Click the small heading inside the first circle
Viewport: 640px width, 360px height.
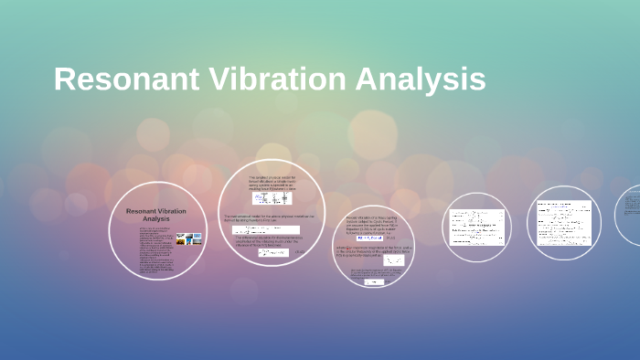pyautogui.click(x=155, y=215)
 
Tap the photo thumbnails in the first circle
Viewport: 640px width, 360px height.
pyautogui.click(x=188, y=239)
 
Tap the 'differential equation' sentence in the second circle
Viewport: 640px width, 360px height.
pyautogui.click(x=270, y=241)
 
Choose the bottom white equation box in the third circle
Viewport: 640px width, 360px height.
pyautogui.click(x=374, y=282)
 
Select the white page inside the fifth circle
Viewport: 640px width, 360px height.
pyautogui.click(x=563, y=222)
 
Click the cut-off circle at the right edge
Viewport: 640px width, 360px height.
pyautogui.click(x=630, y=216)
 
